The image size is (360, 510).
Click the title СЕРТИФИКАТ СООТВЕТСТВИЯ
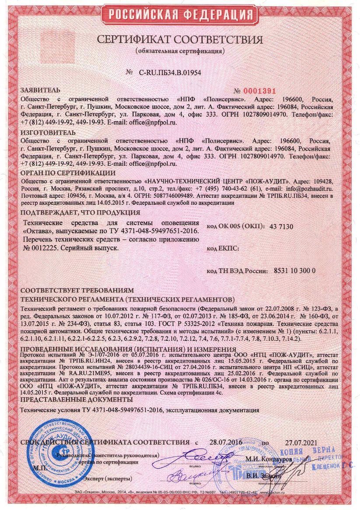point(180,40)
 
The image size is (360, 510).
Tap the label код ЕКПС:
point(222,249)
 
